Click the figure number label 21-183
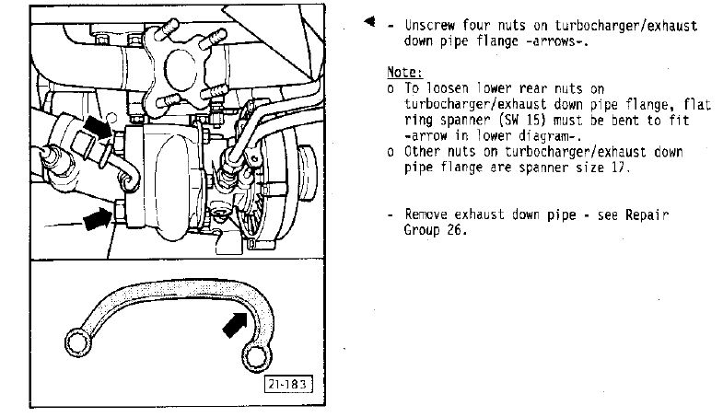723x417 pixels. pyautogui.click(x=288, y=384)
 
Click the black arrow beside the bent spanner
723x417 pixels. pyautogui.click(x=236, y=324)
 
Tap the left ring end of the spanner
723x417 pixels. pyautogui.click(x=77, y=342)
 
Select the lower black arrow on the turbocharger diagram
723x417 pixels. pyautogui.click(x=98, y=218)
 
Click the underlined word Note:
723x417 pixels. pyautogui.click(x=404, y=73)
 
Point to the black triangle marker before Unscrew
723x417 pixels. pyautogui.click(x=369, y=21)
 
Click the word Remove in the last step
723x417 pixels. pyautogui.click(x=426, y=214)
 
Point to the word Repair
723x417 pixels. pyautogui.click(x=647, y=215)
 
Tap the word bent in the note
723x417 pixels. pyautogui.click(x=625, y=121)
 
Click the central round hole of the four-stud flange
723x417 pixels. pyautogui.click(x=181, y=69)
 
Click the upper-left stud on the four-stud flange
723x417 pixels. pyautogui.click(x=168, y=27)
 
